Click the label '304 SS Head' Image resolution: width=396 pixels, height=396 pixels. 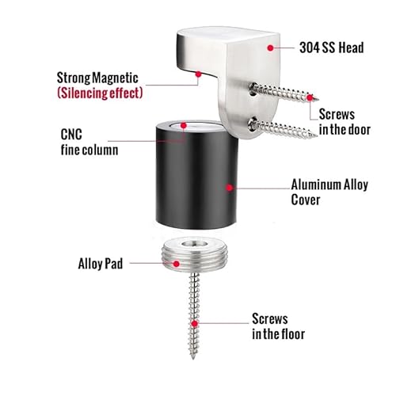point(332,48)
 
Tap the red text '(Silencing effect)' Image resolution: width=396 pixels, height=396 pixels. point(100,93)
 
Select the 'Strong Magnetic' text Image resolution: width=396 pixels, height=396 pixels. point(97,78)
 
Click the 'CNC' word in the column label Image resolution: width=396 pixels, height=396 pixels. point(71,135)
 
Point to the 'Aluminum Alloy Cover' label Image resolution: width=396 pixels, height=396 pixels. point(329,192)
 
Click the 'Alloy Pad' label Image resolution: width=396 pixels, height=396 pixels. point(101,264)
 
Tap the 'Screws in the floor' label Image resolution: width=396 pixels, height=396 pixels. point(278,326)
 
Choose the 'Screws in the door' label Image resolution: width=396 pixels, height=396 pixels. point(345,122)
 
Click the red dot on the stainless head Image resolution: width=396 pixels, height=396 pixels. point(270,48)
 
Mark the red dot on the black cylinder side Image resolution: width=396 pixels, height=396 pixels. point(230,188)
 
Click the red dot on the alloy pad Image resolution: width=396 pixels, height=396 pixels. point(177,264)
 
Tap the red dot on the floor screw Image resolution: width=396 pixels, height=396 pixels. point(195,323)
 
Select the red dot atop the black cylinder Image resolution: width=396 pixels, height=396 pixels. point(184,125)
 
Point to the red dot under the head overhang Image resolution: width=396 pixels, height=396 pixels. point(198,74)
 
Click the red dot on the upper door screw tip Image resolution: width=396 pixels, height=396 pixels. point(310,97)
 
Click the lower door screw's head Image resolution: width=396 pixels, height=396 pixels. point(253,124)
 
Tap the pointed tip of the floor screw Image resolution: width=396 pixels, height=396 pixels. point(193,358)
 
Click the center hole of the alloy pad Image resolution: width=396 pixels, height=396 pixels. point(195,243)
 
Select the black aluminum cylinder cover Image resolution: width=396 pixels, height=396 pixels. point(196,175)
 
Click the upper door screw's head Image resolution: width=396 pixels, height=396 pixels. point(253,89)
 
